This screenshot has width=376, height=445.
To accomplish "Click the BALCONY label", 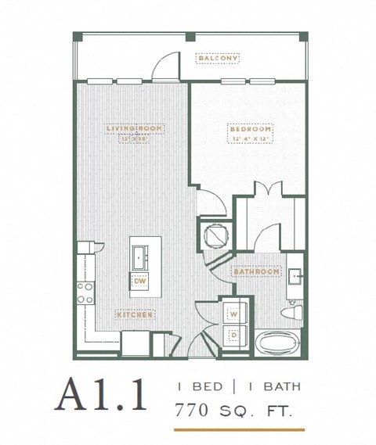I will [x=218, y=59].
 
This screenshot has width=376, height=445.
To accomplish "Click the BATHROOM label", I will [x=256, y=271].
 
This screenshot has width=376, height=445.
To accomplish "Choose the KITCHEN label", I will [x=135, y=314].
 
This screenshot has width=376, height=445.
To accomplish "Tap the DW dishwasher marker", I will [x=140, y=281].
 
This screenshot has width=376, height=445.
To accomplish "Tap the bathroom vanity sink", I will [x=296, y=277].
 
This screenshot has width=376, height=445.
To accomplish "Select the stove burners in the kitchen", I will [x=84, y=292].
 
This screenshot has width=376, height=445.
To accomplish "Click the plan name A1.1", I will [x=100, y=395].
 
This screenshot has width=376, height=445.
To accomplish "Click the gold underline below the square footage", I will [x=239, y=429].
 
